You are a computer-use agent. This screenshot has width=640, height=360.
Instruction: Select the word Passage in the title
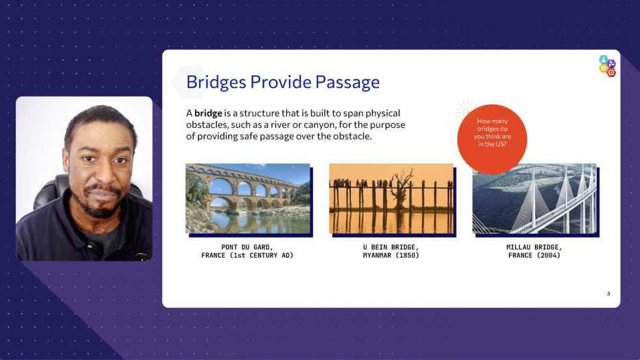(347, 82)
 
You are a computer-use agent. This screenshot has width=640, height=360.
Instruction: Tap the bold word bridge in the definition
(208, 113)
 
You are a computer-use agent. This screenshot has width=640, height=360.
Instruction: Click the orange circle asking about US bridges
(492, 139)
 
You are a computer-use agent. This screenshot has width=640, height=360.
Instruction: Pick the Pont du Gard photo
(248, 199)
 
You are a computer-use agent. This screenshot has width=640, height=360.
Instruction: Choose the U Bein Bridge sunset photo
(391, 199)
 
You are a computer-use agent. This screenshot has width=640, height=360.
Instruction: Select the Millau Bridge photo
(534, 199)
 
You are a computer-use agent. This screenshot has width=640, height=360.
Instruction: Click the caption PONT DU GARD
(247, 247)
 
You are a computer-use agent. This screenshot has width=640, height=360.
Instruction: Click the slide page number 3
(608, 294)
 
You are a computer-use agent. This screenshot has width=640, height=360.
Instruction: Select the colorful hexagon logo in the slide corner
(607, 66)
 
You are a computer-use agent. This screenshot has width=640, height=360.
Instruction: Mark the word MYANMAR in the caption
(377, 256)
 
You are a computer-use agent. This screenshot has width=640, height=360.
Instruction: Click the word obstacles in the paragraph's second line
(206, 124)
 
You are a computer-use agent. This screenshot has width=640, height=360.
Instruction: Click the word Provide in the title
(281, 82)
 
